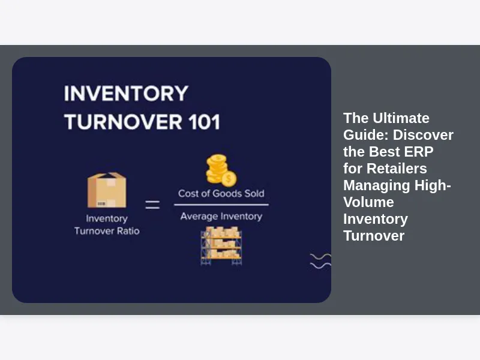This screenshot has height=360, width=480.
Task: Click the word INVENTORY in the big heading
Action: click(126, 94)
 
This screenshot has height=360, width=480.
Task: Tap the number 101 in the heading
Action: click(204, 122)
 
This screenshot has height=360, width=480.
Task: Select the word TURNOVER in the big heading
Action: click(123, 122)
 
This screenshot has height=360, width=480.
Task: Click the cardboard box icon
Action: click(107, 190)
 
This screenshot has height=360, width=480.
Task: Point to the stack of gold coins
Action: click(221, 170)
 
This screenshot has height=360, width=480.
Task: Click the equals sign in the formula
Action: click(152, 205)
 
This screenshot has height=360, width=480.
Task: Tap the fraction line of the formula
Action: click(221, 205)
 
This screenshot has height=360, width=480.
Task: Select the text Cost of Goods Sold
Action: click(221, 193)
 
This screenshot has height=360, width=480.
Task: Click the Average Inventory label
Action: click(221, 217)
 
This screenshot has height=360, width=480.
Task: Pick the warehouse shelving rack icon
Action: click(221, 246)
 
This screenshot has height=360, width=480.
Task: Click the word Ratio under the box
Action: click(128, 231)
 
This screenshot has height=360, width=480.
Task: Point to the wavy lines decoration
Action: click(320, 261)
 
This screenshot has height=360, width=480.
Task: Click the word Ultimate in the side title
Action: click(401, 118)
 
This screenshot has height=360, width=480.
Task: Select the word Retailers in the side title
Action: click(397, 169)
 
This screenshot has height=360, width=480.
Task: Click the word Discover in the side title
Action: click(424, 135)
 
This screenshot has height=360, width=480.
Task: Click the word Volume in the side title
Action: click(368, 202)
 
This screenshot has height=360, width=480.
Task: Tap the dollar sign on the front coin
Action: click(229, 179)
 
